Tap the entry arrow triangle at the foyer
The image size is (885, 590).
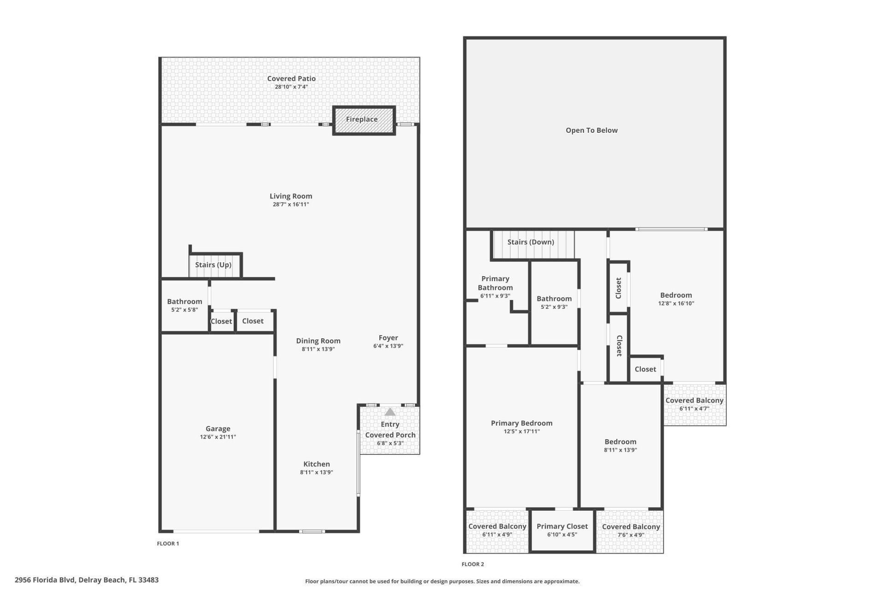click(390, 412)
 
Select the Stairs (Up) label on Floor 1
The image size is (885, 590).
click(213, 265)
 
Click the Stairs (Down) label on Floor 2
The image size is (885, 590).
click(531, 242)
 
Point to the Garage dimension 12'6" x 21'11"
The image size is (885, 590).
click(218, 437)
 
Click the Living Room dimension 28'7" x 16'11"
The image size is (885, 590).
click(290, 204)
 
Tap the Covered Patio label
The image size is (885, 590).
click(291, 79)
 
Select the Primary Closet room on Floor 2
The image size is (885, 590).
click(562, 530)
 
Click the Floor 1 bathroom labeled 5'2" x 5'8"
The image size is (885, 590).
click(184, 305)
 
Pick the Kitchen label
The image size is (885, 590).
click(316, 464)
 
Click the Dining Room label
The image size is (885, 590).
click(318, 341)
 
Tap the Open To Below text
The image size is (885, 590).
click(591, 130)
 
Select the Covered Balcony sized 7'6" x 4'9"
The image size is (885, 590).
click(631, 531)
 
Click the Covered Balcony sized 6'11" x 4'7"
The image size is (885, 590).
click(694, 404)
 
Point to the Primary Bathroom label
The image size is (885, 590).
click(495, 283)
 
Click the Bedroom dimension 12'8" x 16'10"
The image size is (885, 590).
click(676, 303)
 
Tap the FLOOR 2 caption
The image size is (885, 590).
click(472, 564)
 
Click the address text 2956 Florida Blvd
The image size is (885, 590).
click(87, 580)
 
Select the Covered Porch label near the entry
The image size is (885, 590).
click(390, 435)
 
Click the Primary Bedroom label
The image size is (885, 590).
click(521, 423)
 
